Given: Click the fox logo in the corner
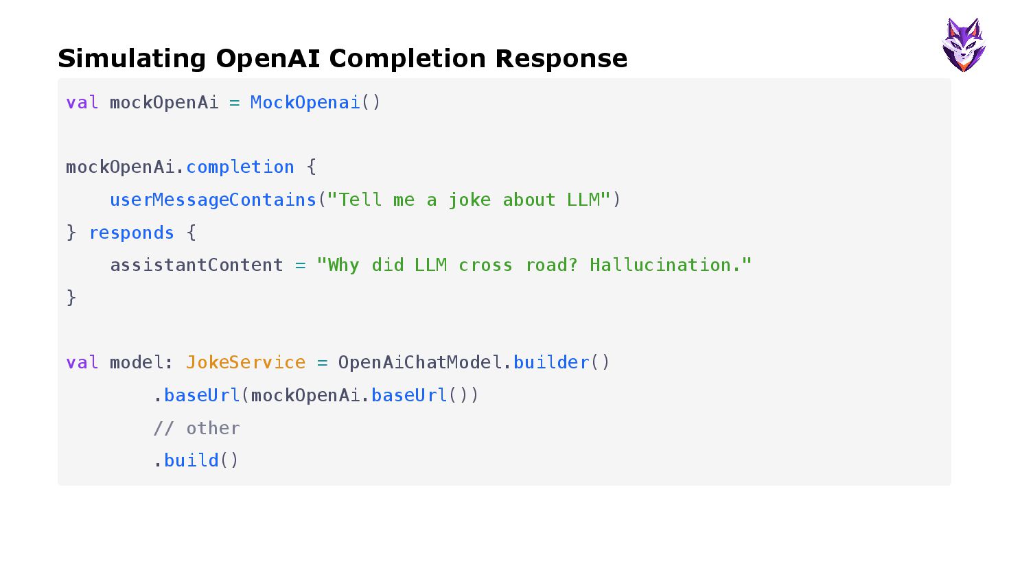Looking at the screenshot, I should click(x=964, y=45).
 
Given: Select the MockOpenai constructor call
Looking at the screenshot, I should click(x=305, y=103).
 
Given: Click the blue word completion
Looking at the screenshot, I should click(x=240, y=167).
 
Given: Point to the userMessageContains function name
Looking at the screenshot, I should click(x=213, y=200).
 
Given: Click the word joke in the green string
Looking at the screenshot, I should click(x=469, y=200).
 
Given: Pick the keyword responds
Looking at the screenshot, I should click(x=131, y=233).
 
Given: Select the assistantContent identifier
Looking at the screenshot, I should click(x=196, y=265).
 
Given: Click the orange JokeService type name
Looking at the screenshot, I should click(x=246, y=363).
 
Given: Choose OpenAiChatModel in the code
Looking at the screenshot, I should click(x=419, y=363).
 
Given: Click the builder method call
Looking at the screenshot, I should click(x=551, y=363).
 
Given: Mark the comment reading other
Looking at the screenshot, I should click(x=197, y=429).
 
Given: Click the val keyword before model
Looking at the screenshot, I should click(x=82, y=363).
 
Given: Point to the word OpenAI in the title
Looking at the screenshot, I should click(x=268, y=59).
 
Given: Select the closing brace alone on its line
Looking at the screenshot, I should click(x=71, y=298).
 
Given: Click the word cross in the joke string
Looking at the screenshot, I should click(x=485, y=265).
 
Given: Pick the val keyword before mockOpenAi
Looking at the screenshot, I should click(x=82, y=103).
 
